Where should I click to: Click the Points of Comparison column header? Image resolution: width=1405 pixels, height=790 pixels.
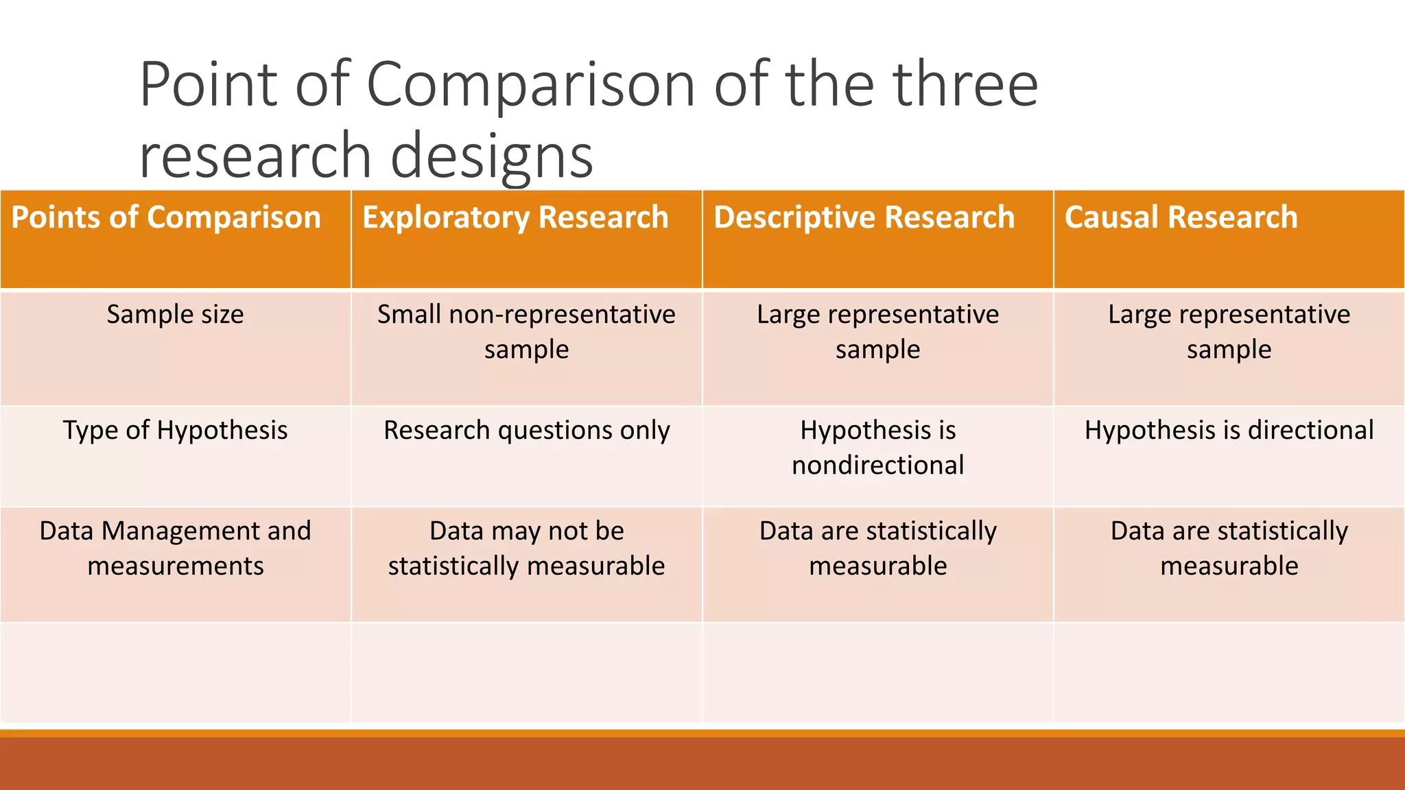[166, 218]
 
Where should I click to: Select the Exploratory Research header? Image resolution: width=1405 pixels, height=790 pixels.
[515, 218]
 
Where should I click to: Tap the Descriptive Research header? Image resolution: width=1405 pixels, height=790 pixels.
[864, 218]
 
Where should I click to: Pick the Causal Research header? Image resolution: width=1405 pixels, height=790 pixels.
[1181, 218]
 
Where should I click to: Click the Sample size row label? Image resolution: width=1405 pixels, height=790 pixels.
[175, 315]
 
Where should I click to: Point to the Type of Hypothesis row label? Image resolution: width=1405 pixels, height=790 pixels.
[175, 431]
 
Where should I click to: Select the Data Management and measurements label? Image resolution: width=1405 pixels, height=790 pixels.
[175, 549]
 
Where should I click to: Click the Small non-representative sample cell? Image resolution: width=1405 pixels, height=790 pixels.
[526, 332]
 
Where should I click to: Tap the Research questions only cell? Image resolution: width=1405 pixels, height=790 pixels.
[526, 431]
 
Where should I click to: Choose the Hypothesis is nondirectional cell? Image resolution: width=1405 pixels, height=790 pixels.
[877, 448]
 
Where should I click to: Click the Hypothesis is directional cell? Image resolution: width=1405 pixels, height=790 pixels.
[1229, 431]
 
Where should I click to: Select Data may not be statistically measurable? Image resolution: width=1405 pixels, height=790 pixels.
[526, 549]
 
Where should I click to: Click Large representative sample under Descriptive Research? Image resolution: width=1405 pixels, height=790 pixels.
[877, 332]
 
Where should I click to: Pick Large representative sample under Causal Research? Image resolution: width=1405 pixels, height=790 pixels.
[1229, 332]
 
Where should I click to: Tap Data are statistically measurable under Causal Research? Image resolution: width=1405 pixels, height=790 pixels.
[1229, 549]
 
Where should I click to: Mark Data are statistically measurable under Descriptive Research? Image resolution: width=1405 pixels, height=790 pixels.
[877, 549]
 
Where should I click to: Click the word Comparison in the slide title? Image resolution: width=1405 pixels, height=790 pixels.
[532, 86]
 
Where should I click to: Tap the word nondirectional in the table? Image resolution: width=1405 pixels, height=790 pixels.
[877, 466]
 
